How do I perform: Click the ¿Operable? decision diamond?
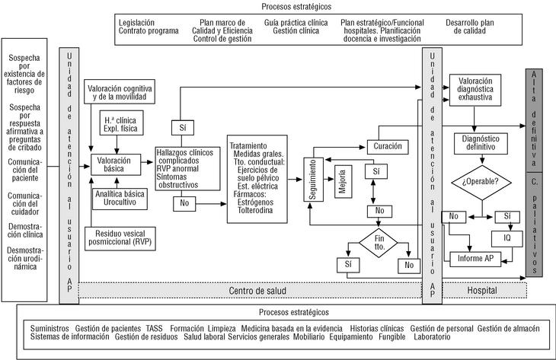481,182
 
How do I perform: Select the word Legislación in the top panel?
139,23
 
